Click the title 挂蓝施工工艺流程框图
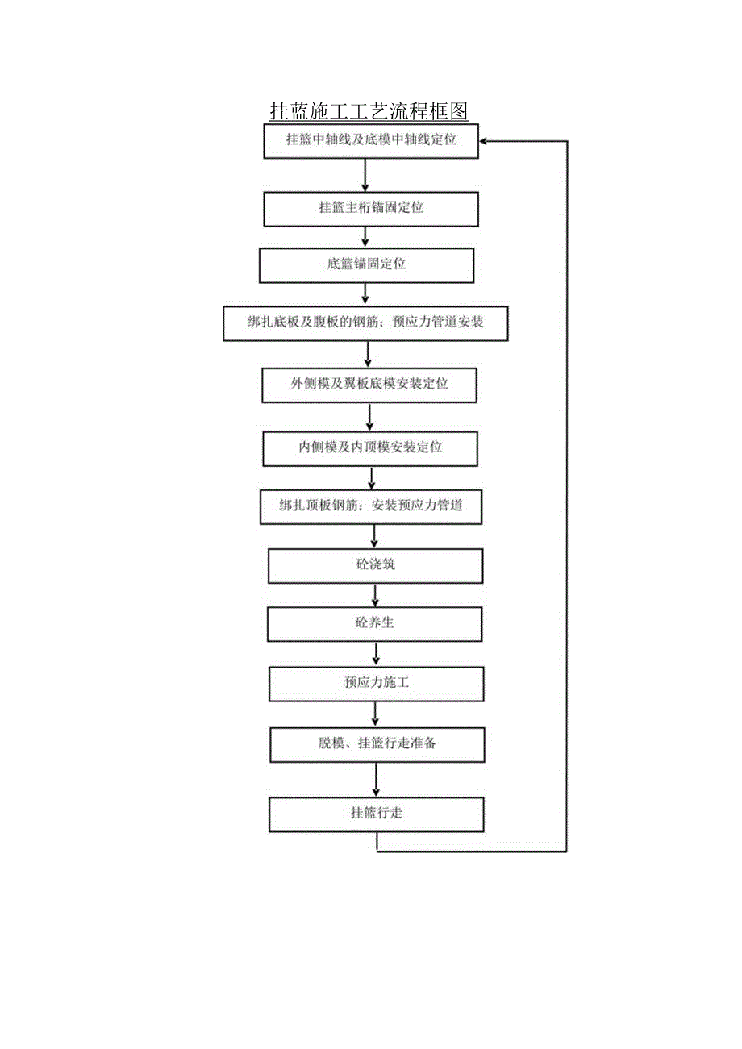pos(369,110)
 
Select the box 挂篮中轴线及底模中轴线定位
pos(371,140)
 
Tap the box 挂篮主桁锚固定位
pos(371,208)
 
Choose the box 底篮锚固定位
pos(366,264)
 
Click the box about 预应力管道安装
pos(365,323)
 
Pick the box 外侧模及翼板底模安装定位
pos(369,384)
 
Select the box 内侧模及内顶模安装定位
pos(369,447)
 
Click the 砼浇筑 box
pos(375,565)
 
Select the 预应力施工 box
pos(376,683)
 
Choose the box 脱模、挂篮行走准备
pos(377,743)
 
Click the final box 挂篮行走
pos(376,814)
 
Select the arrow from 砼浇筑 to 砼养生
pos(375,595)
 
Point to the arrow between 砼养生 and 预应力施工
pos(376,654)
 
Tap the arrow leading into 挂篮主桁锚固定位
pos(366,174)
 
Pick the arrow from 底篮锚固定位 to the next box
pos(365,294)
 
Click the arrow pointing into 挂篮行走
pos(376,779)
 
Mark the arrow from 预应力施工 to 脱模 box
pos(376,714)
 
